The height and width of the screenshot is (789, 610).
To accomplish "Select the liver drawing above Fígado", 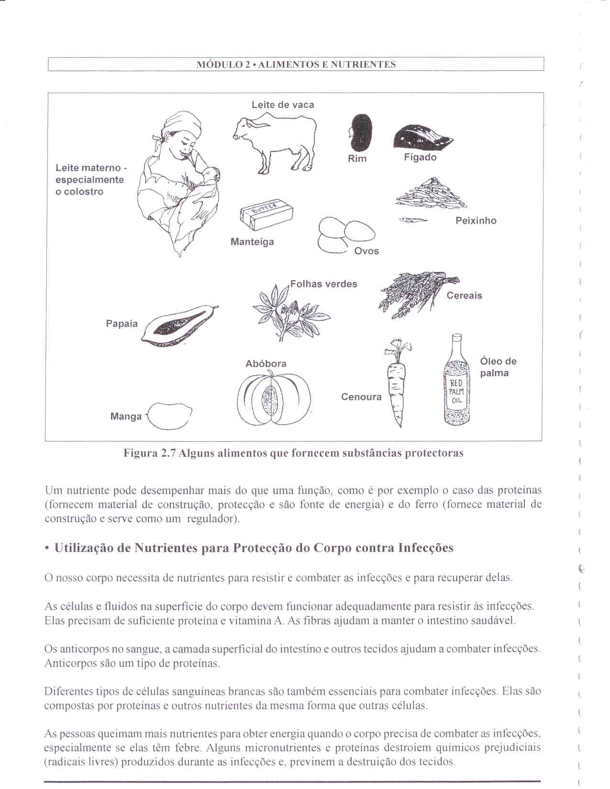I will pos(421,137).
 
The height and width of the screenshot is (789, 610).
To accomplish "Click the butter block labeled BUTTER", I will pos(266,213).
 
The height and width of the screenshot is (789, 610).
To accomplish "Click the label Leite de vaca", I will pos(283,105).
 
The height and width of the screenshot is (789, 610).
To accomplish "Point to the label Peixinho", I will pos(476,220).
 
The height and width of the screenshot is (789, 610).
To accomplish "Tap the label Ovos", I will pos(366,251).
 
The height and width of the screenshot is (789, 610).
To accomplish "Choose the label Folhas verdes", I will pos(324,284).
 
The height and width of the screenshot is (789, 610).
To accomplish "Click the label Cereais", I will pos(464,296).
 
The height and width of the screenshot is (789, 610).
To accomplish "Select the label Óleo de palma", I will pos(498,367).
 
